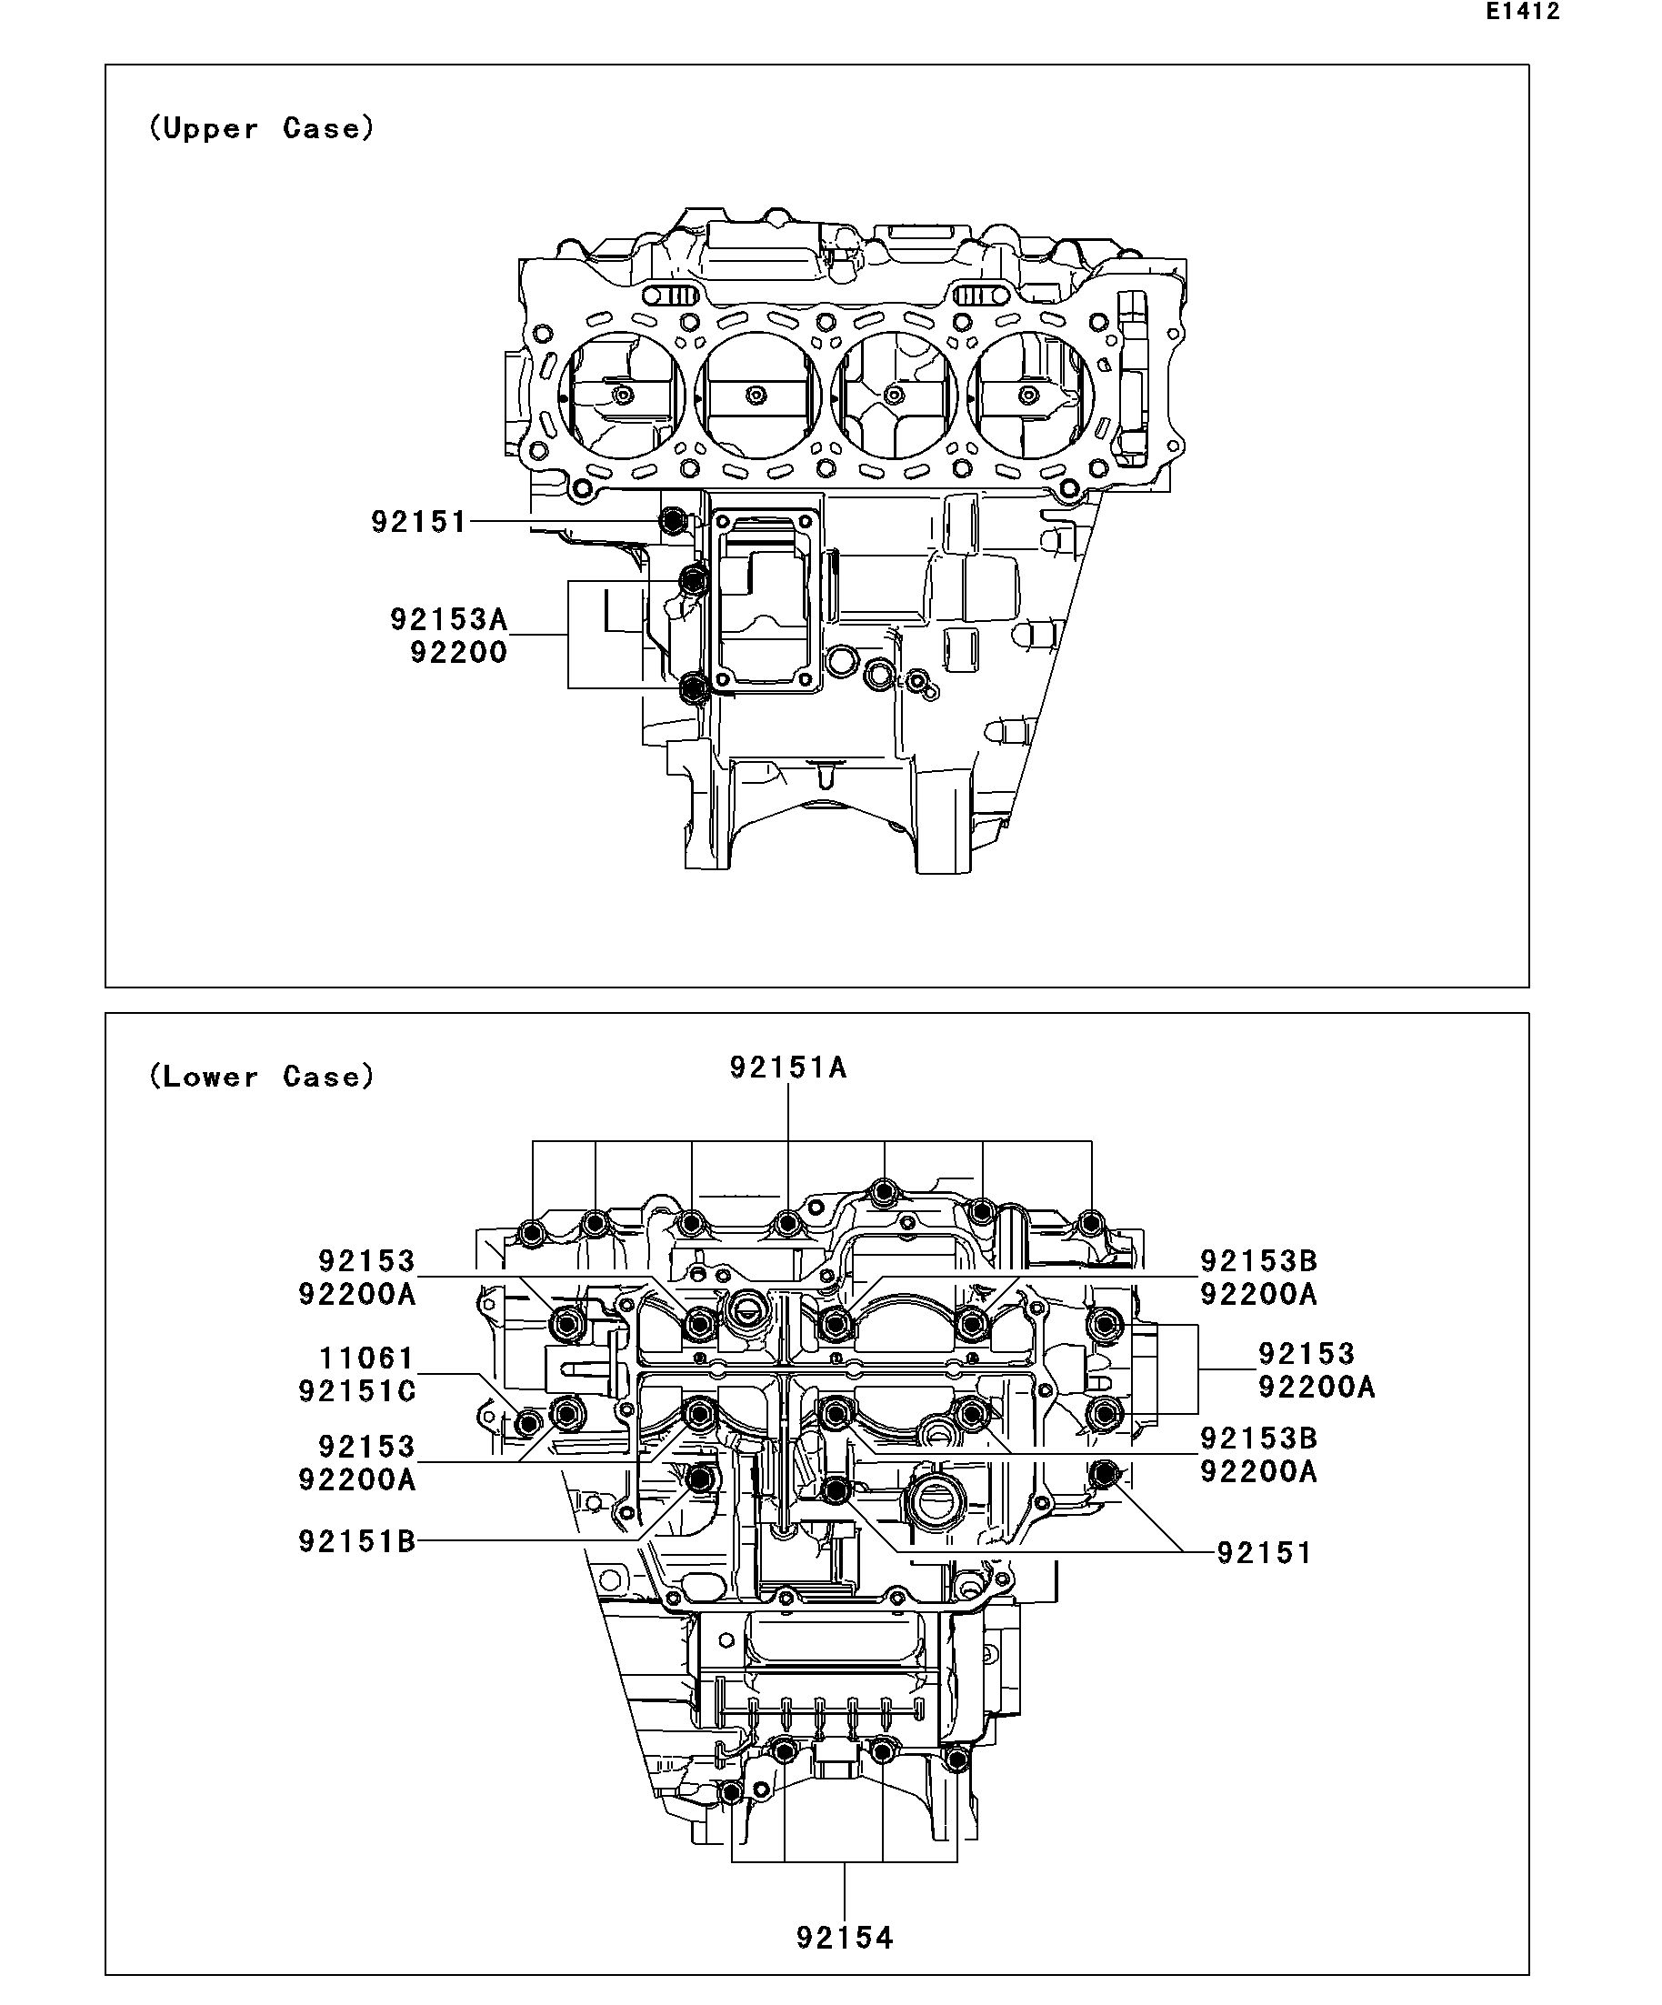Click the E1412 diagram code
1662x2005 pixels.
point(1522,12)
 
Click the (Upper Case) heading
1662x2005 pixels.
point(262,128)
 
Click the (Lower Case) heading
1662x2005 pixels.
point(262,1077)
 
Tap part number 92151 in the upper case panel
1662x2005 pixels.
point(419,522)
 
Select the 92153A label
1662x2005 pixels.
point(448,619)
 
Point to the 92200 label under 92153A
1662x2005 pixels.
point(458,653)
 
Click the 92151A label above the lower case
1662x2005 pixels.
point(788,1068)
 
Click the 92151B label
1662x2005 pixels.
point(357,1541)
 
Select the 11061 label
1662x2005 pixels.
point(365,1358)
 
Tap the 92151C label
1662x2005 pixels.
point(357,1391)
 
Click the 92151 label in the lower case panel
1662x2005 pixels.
point(1264,1553)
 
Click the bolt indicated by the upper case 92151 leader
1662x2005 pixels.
point(673,521)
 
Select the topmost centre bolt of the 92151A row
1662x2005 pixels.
point(884,1192)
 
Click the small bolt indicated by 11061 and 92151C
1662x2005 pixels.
point(528,1424)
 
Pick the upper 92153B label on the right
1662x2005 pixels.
point(1258,1261)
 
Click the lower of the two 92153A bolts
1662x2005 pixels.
point(695,687)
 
